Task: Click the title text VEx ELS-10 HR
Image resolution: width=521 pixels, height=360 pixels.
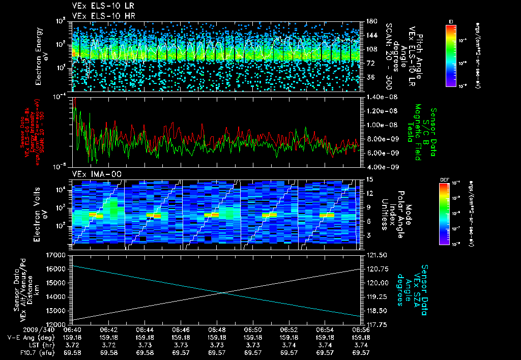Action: [x=97, y=16]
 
